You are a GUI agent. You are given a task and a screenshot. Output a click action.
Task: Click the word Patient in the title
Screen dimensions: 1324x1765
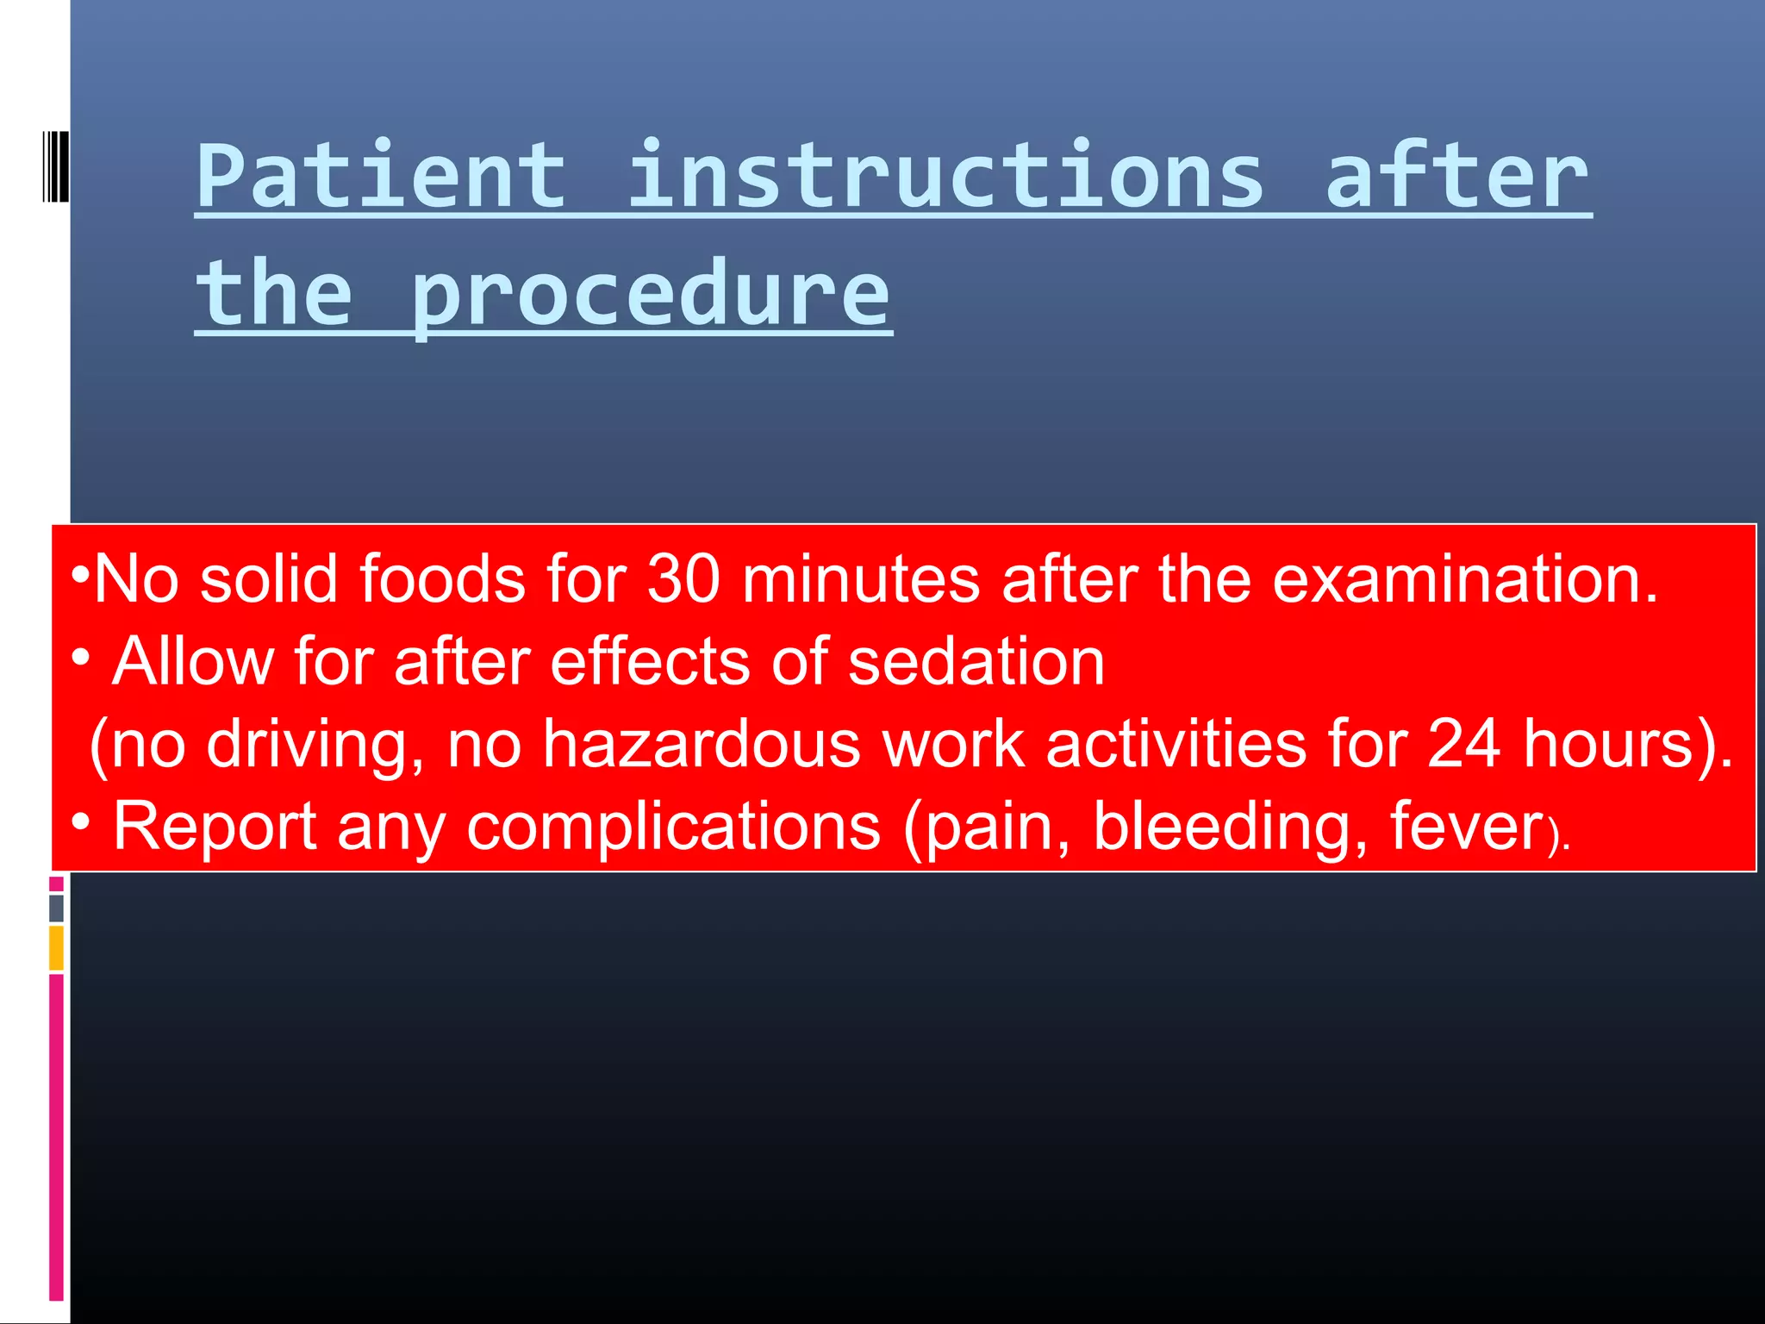[381, 177]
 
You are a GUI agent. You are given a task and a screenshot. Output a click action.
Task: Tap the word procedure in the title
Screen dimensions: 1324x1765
[651, 295]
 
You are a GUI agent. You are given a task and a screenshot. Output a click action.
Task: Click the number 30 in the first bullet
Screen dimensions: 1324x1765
[683, 578]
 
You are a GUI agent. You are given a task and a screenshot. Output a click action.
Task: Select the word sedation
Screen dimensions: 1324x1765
[976, 661]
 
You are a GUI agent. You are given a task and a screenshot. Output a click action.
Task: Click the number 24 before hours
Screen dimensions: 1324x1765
[1463, 743]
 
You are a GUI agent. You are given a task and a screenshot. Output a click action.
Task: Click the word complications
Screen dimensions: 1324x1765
[673, 826]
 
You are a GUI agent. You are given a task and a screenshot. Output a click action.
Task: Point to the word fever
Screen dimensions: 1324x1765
[1466, 826]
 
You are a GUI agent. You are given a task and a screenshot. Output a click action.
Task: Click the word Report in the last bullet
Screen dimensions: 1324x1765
[215, 826]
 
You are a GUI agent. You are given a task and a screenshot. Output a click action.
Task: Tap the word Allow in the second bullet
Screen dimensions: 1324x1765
[193, 661]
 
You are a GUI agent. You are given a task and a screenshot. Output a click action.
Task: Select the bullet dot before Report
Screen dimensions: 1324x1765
[80, 821]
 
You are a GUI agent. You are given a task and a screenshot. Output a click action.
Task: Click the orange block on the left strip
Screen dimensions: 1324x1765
[56, 947]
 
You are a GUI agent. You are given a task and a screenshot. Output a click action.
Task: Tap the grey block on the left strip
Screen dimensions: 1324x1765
[56, 909]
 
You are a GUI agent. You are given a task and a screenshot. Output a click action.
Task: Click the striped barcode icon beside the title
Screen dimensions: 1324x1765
[55, 166]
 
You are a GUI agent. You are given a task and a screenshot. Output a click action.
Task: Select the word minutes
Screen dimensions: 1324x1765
[860, 578]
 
